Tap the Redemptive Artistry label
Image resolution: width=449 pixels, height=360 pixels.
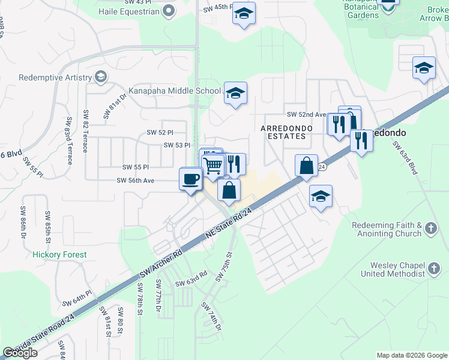click(x=55, y=77)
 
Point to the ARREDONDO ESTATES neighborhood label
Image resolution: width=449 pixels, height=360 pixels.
click(x=283, y=132)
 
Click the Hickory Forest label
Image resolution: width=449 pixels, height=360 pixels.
click(x=59, y=254)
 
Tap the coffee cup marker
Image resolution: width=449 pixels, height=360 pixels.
click(x=191, y=178)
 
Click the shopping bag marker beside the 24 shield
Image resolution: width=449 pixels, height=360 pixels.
click(x=306, y=165)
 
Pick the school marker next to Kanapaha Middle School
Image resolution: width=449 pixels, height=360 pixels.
click(x=235, y=93)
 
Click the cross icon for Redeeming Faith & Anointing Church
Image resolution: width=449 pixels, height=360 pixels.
click(x=430, y=228)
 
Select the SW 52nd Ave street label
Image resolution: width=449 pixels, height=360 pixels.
click(x=306, y=115)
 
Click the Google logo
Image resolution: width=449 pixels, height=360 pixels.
click(x=20, y=353)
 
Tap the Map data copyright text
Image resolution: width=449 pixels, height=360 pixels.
click(x=412, y=355)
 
